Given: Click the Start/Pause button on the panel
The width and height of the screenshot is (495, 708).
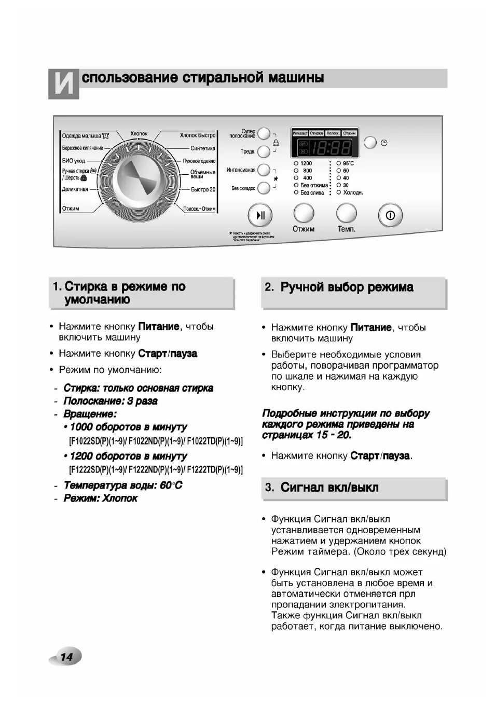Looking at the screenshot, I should pos(260,215).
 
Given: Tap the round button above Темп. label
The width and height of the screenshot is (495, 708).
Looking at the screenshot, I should pos(346,213).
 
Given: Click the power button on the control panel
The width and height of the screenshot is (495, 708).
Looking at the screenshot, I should pos(390,215).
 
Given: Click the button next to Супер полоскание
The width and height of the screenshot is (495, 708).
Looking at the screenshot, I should pos(264,134).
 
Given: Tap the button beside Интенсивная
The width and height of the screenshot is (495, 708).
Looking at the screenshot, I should pos(264,170).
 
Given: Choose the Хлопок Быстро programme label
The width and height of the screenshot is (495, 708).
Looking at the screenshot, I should pos(198,135).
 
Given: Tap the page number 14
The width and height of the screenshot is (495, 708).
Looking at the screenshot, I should pos(66,657).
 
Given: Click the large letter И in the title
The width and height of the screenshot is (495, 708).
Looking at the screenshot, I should pos(64,84).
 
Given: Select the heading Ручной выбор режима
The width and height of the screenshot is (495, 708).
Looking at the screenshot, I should pos(347,287).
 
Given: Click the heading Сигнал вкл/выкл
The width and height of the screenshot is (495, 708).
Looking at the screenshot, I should pos(329,488).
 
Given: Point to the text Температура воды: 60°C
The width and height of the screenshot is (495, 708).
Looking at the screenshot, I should pos(123,485).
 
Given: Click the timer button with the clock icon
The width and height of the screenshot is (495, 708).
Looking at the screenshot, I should pos(370,142).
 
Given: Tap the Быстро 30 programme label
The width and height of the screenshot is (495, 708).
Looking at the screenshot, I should pos(203,190).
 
